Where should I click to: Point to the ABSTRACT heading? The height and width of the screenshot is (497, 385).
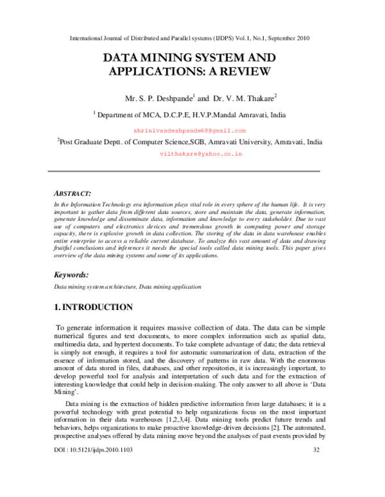point(71,193)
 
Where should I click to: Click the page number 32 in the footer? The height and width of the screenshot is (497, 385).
point(316,486)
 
